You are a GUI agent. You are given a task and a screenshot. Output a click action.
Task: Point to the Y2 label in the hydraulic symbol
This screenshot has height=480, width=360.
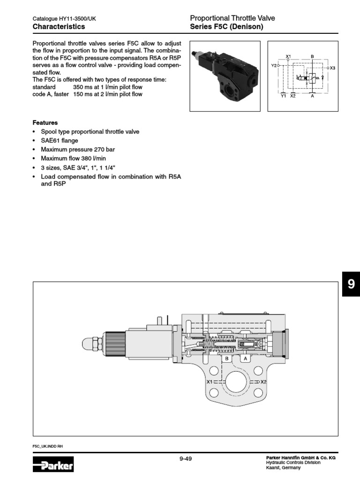274,66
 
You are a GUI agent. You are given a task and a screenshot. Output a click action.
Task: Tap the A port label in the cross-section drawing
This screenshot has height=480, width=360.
244,359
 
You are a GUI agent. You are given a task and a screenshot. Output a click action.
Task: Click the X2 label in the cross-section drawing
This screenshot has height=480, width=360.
263,382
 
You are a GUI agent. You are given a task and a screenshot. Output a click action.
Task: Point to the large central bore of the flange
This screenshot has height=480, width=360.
236,383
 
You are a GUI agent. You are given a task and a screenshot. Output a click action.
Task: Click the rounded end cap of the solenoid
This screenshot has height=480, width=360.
88,345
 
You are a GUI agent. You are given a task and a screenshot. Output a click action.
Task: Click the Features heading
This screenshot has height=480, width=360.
45,122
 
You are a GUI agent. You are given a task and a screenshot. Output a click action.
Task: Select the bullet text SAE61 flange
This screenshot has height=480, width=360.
60,141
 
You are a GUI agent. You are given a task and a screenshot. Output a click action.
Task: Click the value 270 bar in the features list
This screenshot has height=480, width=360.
104,150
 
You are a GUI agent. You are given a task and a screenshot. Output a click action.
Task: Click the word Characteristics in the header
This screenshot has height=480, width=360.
59,27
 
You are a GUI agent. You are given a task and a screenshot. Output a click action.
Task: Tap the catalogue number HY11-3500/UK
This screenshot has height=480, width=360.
77,19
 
